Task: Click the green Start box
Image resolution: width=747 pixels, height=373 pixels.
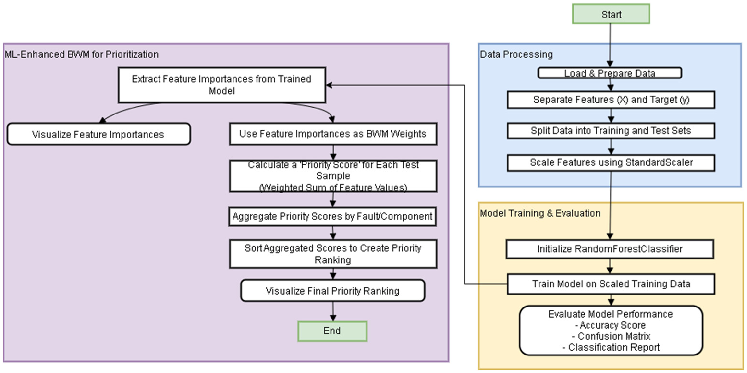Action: [611, 14]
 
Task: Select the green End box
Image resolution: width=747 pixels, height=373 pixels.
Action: [332, 331]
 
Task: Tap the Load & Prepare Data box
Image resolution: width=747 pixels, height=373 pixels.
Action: [610, 73]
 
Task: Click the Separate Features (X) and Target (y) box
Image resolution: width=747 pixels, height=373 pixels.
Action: [611, 100]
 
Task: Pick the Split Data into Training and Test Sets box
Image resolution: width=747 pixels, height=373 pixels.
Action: [611, 131]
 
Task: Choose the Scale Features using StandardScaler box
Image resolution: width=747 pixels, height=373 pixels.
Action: [611, 162]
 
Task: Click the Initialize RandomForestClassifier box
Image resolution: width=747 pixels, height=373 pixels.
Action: [610, 249]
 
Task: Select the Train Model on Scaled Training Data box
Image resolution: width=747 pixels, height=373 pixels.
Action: [611, 284]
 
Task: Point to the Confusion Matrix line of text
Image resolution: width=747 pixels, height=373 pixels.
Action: [611, 336]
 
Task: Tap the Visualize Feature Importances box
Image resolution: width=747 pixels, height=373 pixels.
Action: [98, 134]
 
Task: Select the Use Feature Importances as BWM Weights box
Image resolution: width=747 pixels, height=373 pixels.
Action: [333, 134]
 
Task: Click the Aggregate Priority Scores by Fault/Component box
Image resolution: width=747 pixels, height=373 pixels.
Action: [332, 217]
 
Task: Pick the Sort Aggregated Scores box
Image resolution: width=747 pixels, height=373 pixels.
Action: [333, 254]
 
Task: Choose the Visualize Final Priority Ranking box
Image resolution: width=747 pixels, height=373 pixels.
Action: [333, 291]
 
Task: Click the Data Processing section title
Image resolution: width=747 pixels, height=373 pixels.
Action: [516, 54]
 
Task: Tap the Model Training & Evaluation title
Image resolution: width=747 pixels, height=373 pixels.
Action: [540, 213]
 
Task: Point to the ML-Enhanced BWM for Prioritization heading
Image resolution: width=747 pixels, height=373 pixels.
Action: [81, 54]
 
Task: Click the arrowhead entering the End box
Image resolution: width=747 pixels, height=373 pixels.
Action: [333, 318]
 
